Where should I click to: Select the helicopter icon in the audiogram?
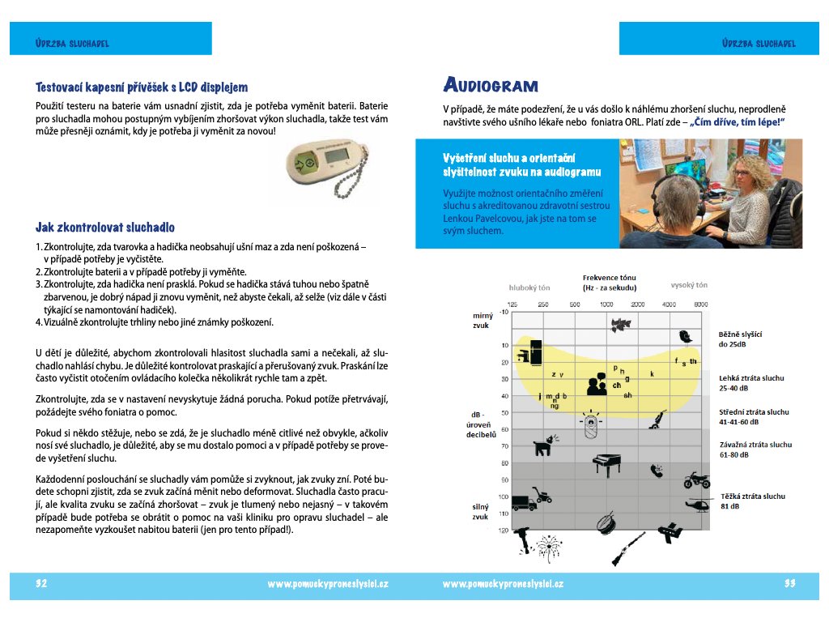(x=697, y=505)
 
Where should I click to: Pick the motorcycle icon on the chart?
(x=696, y=479)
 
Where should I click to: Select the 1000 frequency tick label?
(x=606, y=304)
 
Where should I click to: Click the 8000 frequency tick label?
(x=700, y=304)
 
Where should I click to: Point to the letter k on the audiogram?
(x=652, y=373)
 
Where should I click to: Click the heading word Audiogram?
(x=491, y=85)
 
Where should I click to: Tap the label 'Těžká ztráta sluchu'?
(x=752, y=496)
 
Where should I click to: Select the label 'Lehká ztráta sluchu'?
(x=751, y=377)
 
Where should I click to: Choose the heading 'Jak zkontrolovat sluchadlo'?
(x=105, y=228)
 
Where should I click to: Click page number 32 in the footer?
(x=42, y=583)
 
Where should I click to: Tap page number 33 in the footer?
(x=790, y=583)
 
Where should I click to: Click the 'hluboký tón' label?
(x=529, y=287)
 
